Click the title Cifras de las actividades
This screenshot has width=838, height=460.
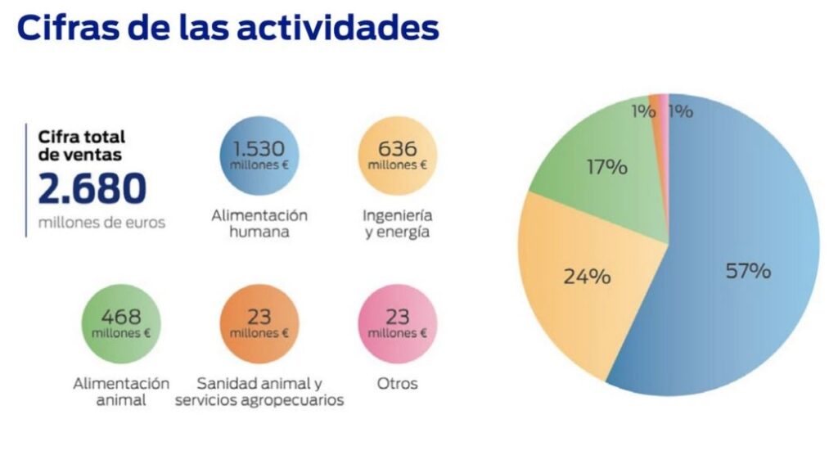[228, 28]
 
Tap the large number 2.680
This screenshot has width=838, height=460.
[92, 189]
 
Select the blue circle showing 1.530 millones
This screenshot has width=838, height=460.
[259, 155]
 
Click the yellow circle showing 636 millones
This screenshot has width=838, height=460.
[398, 155]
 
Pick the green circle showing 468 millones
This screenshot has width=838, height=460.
[121, 323]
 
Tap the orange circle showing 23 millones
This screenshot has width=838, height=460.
[259, 323]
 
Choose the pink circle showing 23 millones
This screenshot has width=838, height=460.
[398, 323]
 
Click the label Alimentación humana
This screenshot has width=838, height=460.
[259, 223]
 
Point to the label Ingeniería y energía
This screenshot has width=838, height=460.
[398, 223]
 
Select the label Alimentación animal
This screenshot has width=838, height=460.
[121, 391]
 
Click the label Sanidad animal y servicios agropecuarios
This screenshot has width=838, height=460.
[259, 391]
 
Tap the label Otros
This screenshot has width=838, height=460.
[398, 383]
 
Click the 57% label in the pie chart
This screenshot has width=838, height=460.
[748, 271]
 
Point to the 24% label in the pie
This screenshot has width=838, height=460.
[587, 277]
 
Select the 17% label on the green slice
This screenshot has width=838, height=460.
[606, 168]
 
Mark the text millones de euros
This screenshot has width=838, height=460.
[101, 222]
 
